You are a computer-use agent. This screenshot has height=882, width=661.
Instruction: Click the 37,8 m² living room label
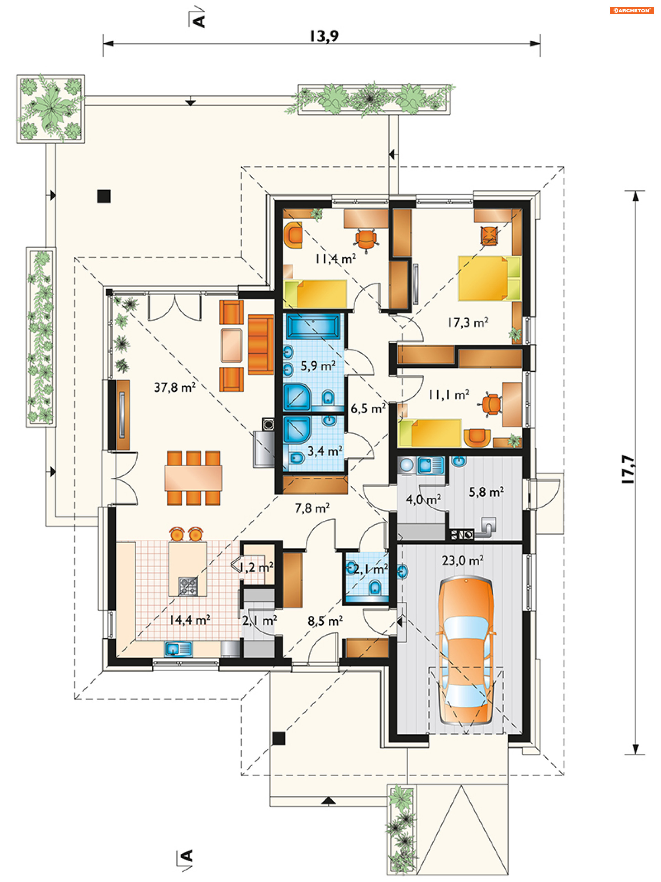(175, 387)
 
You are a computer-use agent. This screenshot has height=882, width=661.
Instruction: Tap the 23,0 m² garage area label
(462, 560)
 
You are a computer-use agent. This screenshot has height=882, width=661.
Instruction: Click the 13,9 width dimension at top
(324, 36)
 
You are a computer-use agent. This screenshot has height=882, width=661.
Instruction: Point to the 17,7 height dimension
(628, 469)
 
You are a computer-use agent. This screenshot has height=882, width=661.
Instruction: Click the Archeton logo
(631, 10)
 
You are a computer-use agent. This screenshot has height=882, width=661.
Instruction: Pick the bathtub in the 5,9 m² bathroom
(313, 326)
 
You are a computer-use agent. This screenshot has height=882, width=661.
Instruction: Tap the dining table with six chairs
(193, 478)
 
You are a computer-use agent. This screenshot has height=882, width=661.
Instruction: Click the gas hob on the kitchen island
(188, 586)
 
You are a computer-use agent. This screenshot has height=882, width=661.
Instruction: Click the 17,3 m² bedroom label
(468, 322)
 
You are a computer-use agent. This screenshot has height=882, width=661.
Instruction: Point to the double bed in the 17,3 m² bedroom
(489, 278)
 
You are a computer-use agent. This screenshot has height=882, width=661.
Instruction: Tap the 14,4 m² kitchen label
(190, 620)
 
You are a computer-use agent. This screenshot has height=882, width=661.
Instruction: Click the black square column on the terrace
(104, 196)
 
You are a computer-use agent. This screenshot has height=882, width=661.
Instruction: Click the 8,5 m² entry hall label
(325, 620)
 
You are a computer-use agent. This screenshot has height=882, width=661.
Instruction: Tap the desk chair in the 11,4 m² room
(366, 240)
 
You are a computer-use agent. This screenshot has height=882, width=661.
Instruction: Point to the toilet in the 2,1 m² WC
(375, 587)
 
